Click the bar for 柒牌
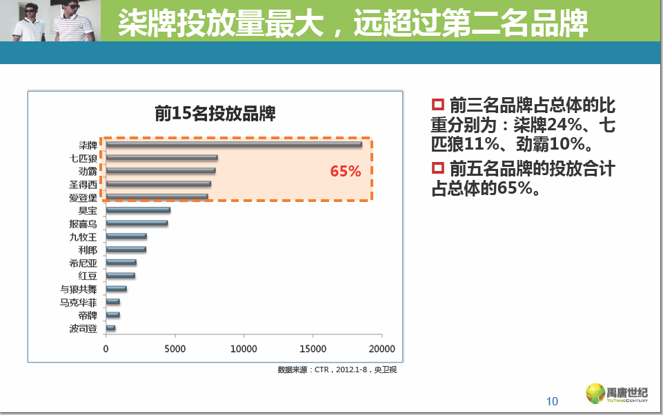tap(233, 144)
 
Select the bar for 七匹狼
tap(161, 158)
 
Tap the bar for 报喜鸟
tap(137, 223)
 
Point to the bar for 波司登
tap(110, 328)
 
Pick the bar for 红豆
tap(120, 276)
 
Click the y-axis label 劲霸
tap(88, 171)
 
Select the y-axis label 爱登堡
tap(83, 198)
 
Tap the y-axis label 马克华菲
tap(79, 302)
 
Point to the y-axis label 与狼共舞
tap(79, 289)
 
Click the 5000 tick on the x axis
tap(175, 349)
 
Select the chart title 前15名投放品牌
tap(215, 114)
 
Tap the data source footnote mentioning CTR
tap(337, 370)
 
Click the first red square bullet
tap(437, 105)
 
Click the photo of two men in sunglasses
tap(51, 21)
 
